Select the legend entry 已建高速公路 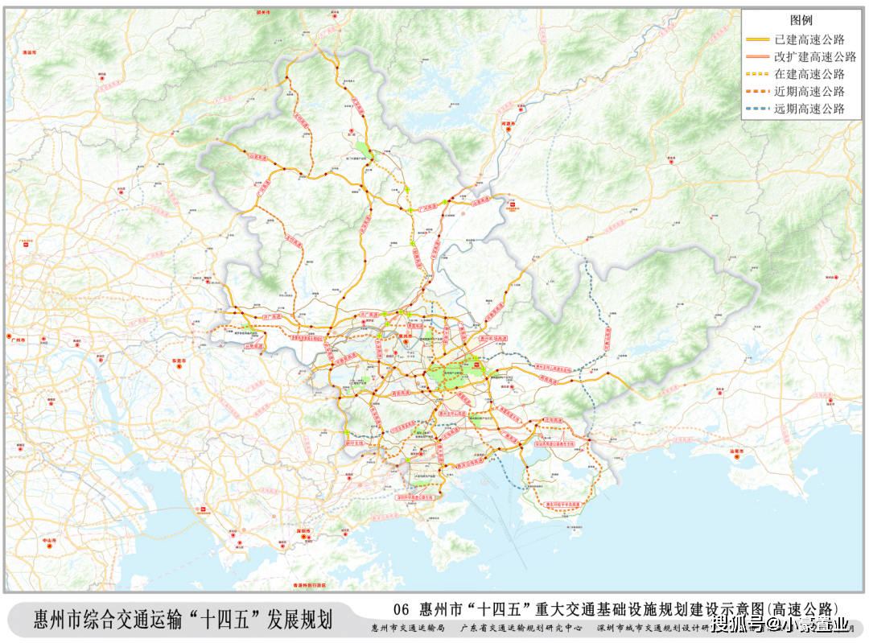click(815, 39)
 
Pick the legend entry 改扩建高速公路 click(815, 56)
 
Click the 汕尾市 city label click(738, 451)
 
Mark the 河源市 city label click(508, 125)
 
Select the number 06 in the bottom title click(402, 608)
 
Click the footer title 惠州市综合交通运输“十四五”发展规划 click(183, 620)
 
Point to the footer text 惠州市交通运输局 click(407, 628)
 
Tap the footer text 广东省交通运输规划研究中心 click(520, 628)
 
